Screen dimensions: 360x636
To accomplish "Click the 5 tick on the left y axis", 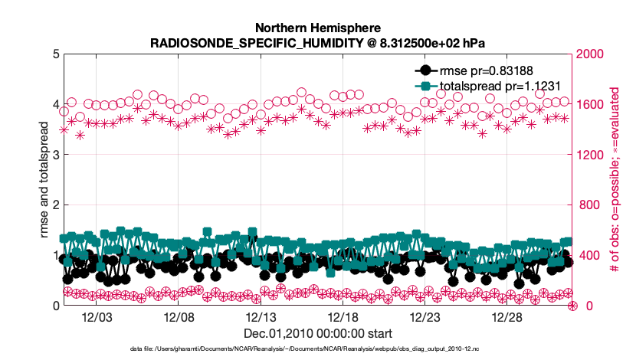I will [x=55, y=54].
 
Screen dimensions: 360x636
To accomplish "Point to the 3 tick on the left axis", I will [x=55, y=155].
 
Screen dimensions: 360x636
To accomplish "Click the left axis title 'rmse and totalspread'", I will [x=43, y=179].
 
